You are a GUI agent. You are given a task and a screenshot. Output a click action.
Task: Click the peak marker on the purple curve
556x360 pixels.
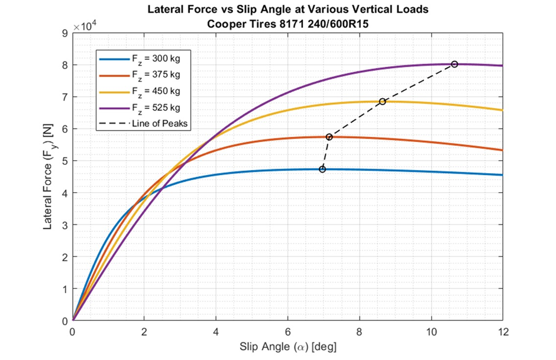pos(454,64)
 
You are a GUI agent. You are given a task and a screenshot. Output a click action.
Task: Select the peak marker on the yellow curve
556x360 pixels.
pos(382,102)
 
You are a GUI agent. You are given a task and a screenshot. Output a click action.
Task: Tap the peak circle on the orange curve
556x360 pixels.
pos(329,137)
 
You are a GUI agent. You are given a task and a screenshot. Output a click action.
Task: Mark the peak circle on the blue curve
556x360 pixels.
pos(322,170)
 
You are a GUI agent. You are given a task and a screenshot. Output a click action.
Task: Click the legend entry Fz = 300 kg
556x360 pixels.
pos(140,59)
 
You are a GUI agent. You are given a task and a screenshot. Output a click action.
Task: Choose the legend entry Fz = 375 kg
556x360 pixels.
pos(140,75)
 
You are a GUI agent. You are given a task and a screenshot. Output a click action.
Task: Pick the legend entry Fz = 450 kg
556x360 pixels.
pos(140,92)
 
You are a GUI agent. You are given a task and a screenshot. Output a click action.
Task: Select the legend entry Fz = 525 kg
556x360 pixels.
pos(140,108)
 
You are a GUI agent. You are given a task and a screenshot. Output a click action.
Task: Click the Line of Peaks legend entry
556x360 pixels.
pos(143,124)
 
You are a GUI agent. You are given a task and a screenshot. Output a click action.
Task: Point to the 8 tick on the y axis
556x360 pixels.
pos(65,65)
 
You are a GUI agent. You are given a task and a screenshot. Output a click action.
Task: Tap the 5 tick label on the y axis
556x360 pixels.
pos(65,161)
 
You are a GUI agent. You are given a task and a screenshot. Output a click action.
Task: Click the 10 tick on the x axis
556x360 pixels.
pos(431,332)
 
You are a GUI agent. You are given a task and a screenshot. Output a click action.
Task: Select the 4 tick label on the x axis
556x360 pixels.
pos(216,332)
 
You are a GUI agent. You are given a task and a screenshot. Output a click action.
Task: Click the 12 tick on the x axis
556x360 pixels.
pos(503,332)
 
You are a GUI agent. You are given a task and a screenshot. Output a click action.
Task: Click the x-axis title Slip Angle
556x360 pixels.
pos(287,346)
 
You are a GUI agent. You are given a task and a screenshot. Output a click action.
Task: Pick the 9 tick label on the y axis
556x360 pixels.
pos(65,33)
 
